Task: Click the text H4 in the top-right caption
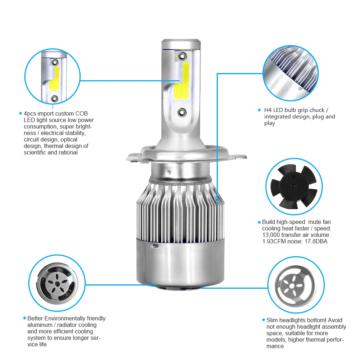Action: click(x=268, y=110)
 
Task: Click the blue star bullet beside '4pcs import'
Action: click(x=21, y=113)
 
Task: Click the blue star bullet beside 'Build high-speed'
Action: click(x=259, y=222)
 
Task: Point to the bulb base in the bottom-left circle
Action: click(x=57, y=284)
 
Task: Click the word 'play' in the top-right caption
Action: click(x=269, y=123)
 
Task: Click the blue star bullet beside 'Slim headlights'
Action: click(x=263, y=320)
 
